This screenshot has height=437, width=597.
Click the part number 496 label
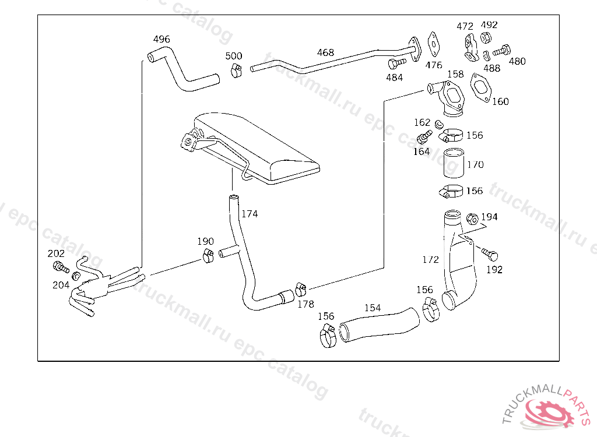(x=161, y=39)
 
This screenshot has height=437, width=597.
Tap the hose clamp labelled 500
(x=236, y=70)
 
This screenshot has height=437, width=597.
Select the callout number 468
(x=325, y=52)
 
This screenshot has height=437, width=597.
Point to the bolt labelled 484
(x=397, y=63)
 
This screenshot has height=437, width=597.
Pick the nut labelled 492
(x=486, y=38)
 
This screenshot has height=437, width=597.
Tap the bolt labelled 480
(x=502, y=50)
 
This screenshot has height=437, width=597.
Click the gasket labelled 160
(x=481, y=87)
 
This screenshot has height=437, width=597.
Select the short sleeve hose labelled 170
(x=454, y=163)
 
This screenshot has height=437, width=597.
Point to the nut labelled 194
(x=472, y=219)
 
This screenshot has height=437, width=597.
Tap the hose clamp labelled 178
(x=301, y=290)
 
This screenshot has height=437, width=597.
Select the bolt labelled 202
(x=61, y=267)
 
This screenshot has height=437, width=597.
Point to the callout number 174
(x=250, y=214)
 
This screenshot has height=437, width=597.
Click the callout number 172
(x=431, y=260)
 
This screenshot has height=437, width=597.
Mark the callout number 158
(x=455, y=74)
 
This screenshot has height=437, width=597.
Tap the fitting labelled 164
(x=425, y=137)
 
